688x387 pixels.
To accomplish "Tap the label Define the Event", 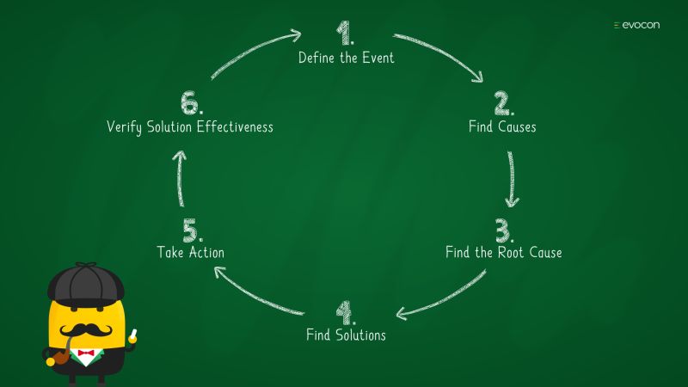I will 346,58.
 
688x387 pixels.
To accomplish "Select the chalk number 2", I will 501,104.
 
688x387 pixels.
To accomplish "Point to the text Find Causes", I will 502,127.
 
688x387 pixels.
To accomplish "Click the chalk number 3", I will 503,230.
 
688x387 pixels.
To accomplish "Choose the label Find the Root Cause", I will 504,253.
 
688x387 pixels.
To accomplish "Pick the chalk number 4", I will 344,311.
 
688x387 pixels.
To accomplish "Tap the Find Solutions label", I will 346,335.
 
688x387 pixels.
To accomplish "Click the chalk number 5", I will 192,230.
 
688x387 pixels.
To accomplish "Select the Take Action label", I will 191,253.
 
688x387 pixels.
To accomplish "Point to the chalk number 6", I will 190,104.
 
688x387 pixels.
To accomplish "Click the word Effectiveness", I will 235,127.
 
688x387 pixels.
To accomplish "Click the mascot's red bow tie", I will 85,353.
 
